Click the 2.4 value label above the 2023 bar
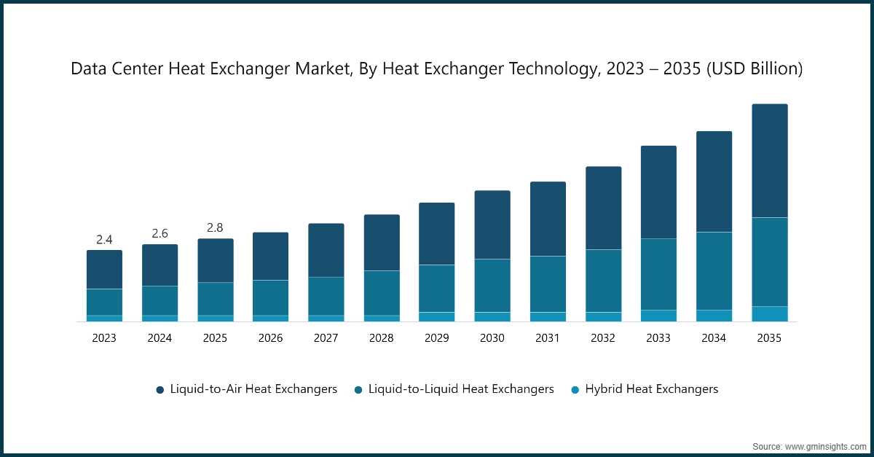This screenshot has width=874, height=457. point(104,239)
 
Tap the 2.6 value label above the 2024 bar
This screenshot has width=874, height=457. point(160,233)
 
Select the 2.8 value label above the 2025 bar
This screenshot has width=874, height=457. point(215,227)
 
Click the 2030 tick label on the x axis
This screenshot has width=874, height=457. point(492,338)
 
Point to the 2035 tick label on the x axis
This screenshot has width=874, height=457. point(769,338)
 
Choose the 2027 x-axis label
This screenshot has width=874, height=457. point(326,338)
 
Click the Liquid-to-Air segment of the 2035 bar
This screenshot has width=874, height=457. point(769,160)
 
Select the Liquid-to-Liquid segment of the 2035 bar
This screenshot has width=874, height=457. point(769,262)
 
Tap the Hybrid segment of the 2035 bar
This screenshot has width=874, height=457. point(769,313)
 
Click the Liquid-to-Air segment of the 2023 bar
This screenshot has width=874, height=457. point(104,270)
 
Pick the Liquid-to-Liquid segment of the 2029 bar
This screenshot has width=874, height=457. point(436,289)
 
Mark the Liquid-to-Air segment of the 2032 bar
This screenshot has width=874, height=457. point(603,208)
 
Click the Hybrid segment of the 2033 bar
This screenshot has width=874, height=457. point(658,316)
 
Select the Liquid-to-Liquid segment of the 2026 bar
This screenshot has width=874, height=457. point(270,297)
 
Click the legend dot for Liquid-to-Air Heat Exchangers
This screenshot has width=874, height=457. point(160,390)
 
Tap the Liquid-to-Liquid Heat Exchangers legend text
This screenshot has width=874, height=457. point(461,389)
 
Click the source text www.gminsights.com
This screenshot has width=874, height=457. point(826,445)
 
